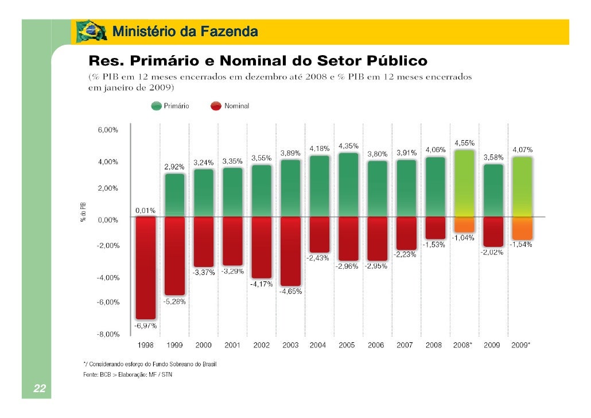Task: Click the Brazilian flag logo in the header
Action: pyautogui.click(x=91, y=32)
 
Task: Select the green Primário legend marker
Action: pyautogui.click(x=156, y=106)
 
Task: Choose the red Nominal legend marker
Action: pyautogui.click(x=216, y=106)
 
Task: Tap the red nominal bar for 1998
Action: pyautogui.click(x=145, y=267)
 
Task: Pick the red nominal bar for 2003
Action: pyautogui.click(x=290, y=251)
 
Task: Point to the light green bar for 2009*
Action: pyautogui.click(x=522, y=187)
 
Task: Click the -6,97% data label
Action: pyautogui.click(x=145, y=326)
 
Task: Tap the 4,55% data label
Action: pyautogui.click(x=464, y=142)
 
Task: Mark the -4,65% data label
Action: pyautogui.click(x=290, y=292)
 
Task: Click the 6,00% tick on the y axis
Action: pyautogui.click(x=107, y=130)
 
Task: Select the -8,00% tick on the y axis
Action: pyautogui.click(x=107, y=334)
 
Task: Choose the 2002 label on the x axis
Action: pyautogui.click(x=261, y=345)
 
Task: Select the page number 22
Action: pyautogui.click(x=39, y=389)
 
